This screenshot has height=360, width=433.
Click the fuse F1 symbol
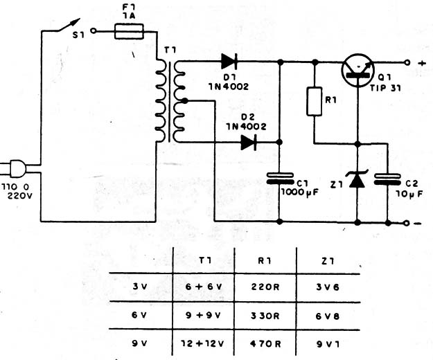click(x=129, y=31)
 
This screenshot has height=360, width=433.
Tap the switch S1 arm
click(x=69, y=25)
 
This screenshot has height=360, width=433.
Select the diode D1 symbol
click(x=229, y=61)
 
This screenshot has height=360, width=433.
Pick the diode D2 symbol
click(x=249, y=143)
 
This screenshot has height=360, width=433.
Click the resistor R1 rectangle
click(x=315, y=101)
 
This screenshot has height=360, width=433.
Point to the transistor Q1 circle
click(x=358, y=70)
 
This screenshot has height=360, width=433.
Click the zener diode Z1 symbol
click(x=357, y=179)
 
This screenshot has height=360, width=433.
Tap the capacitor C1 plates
click(x=280, y=179)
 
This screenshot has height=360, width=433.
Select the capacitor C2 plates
click(x=387, y=179)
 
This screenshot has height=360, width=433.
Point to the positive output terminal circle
click(x=407, y=62)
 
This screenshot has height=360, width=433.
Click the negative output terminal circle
click(x=406, y=223)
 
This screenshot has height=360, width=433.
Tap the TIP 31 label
click(x=385, y=89)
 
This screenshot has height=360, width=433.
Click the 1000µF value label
click(x=299, y=192)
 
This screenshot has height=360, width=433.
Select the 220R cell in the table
click(x=265, y=287)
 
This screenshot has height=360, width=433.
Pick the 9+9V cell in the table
click(x=203, y=315)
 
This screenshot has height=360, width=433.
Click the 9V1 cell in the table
click(x=328, y=344)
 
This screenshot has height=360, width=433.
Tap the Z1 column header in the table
click(x=328, y=261)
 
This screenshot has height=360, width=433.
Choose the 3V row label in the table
click(x=140, y=287)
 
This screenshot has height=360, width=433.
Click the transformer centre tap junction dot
click(x=185, y=101)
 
